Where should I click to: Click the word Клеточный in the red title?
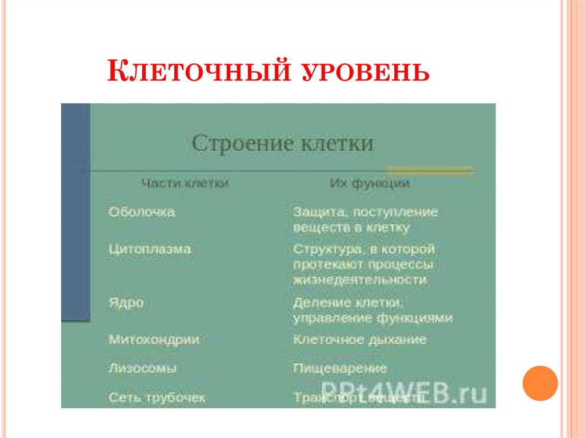(194, 73)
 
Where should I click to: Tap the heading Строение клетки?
(283, 143)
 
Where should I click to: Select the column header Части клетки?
(185, 184)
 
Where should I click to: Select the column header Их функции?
(369, 184)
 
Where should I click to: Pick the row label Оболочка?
(142, 212)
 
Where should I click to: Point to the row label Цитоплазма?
(150, 250)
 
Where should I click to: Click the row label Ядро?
(126, 303)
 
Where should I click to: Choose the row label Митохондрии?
(154, 339)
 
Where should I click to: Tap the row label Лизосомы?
(142, 368)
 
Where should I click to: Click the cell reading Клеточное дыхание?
(359, 339)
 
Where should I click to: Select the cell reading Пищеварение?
(340, 368)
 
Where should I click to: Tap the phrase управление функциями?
(372, 318)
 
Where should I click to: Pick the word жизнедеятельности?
(360, 280)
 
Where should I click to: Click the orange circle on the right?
(539, 383)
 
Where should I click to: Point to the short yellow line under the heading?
(430, 170)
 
